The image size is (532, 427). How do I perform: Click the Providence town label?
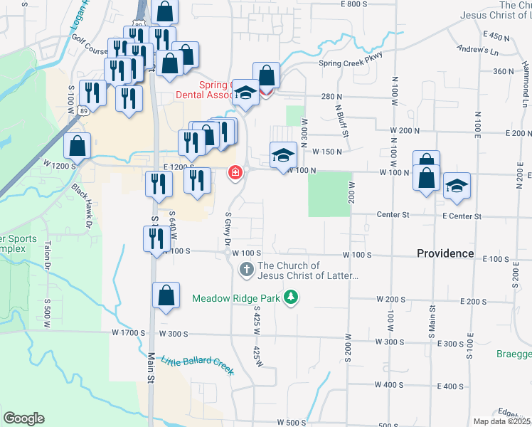coord(445,253)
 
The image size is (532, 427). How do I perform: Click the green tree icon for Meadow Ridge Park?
coord(290,296)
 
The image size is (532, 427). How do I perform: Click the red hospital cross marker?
coord(235,173)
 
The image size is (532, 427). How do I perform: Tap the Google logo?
coord(23,418)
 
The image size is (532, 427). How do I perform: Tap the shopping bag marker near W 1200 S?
coord(77,146)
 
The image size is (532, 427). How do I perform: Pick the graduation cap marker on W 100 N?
coord(282,154)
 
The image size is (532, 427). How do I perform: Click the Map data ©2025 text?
coord(502,421)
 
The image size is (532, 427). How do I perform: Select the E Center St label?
coord(462,216)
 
